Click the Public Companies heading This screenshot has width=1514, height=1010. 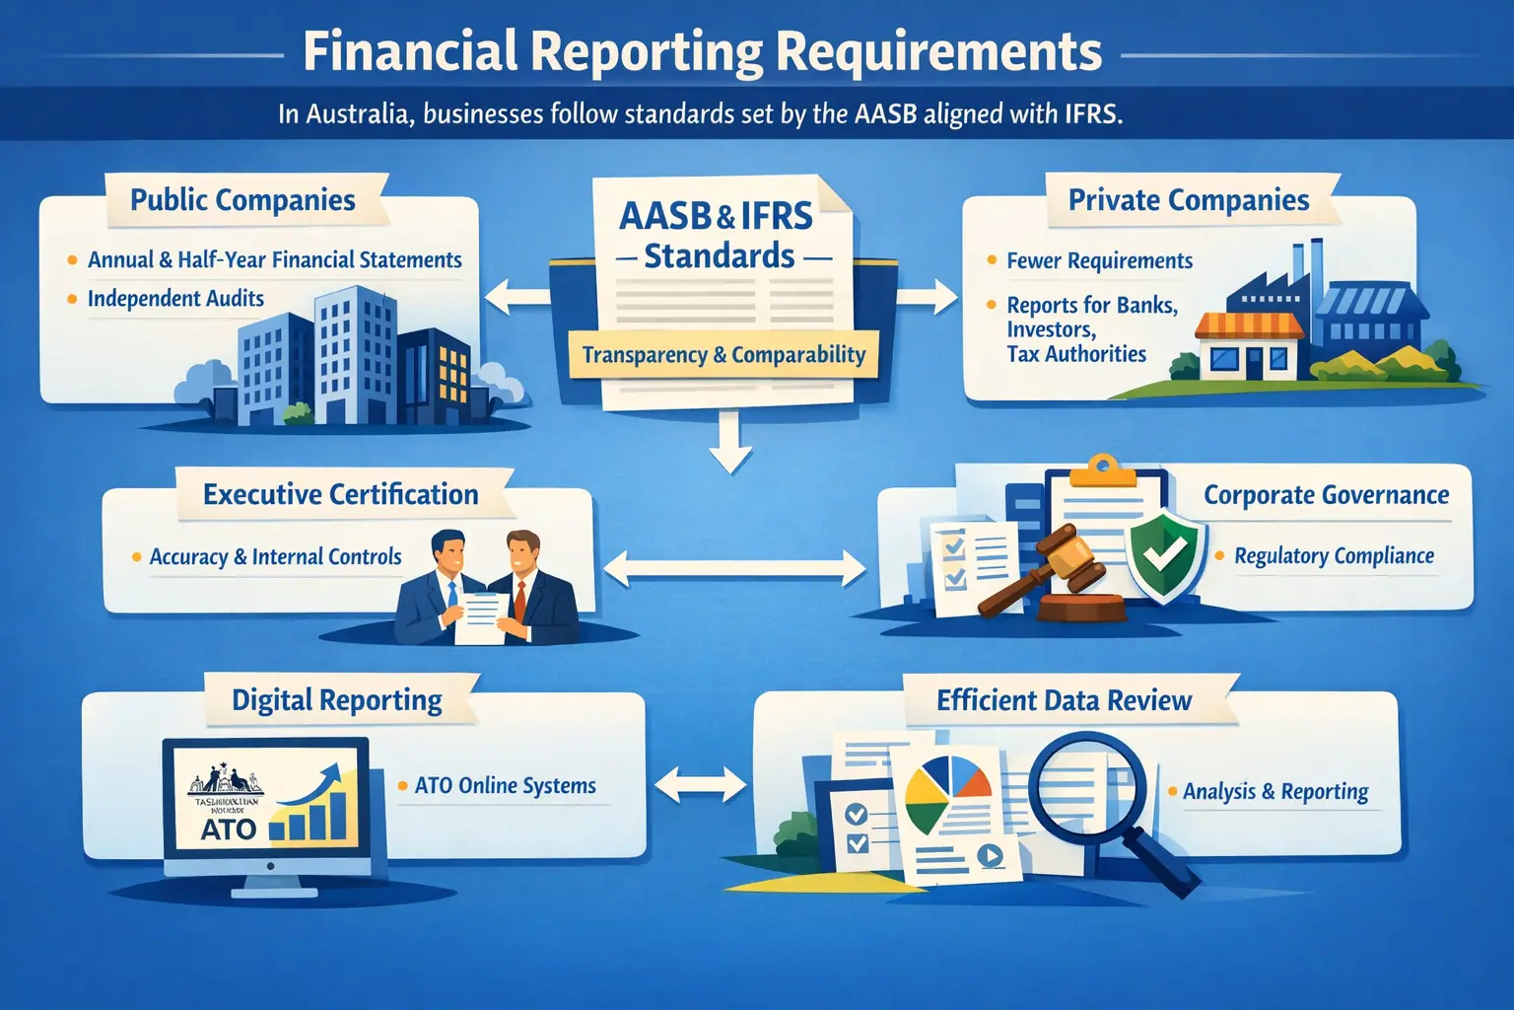point(242,200)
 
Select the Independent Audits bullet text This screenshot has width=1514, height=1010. point(175,299)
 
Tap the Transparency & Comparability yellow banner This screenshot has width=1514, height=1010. point(723,355)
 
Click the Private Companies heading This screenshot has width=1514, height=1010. point(1189,200)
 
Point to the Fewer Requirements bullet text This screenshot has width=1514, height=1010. point(1099,261)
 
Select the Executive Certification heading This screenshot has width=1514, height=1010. point(340,494)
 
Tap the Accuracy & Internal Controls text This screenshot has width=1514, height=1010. point(275,557)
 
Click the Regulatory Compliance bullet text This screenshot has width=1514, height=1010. point(1334,556)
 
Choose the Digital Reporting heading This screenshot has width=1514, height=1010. point(336,700)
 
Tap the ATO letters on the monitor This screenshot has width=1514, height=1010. point(229,830)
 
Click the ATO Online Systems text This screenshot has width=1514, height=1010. point(505,786)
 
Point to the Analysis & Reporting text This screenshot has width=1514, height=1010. point(1275,792)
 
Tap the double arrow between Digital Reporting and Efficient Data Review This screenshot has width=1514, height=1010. point(700,784)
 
